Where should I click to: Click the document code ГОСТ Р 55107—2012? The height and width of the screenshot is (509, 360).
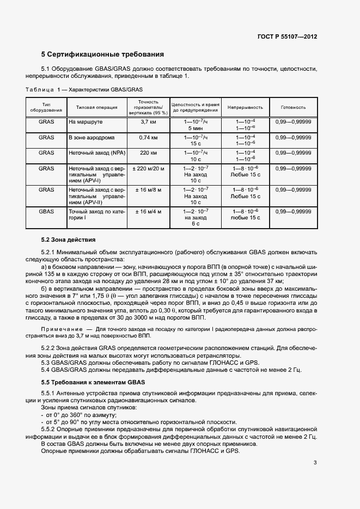click(x=287, y=36)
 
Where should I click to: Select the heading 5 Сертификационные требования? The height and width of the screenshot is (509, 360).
click(x=102, y=54)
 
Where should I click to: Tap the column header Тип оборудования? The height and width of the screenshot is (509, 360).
click(x=46, y=107)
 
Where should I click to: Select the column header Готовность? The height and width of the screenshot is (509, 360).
click(x=293, y=107)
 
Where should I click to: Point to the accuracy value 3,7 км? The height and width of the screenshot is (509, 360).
click(x=148, y=122)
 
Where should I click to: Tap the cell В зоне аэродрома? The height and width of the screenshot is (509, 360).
click(x=88, y=138)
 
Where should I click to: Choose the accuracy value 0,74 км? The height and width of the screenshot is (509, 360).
click(x=148, y=138)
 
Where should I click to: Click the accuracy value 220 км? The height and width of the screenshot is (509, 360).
click(x=148, y=153)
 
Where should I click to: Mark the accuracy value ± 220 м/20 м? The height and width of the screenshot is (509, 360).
click(x=148, y=169)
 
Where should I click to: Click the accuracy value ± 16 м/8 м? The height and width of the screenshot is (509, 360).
click(x=148, y=190)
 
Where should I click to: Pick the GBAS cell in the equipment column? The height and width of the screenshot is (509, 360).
click(x=46, y=211)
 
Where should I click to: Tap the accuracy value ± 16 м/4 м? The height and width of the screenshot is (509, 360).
click(x=148, y=211)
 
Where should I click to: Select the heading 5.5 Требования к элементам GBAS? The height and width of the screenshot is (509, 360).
click(x=93, y=383)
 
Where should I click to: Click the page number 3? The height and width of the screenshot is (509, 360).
click(x=315, y=463)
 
